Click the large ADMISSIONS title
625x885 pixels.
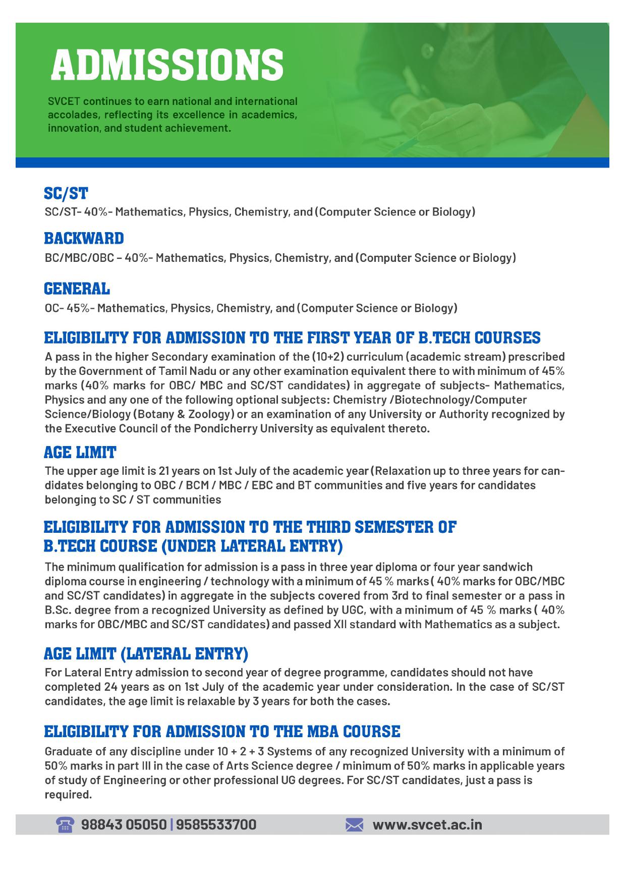click(x=167, y=66)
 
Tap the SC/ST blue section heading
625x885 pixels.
click(x=66, y=193)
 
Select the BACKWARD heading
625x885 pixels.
click(x=84, y=239)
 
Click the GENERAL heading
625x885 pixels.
click(x=77, y=289)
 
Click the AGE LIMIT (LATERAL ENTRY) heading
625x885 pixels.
click(x=146, y=654)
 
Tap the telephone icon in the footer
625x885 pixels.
click(x=65, y=824)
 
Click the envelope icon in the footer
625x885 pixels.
click(x=354, y=825)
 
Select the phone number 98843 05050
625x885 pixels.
click(x=124, y=824)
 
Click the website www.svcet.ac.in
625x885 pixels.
click(x=427, y=824)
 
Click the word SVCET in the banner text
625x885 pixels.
click(x=63, y=101)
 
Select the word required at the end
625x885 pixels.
click(x=68, y=794)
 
